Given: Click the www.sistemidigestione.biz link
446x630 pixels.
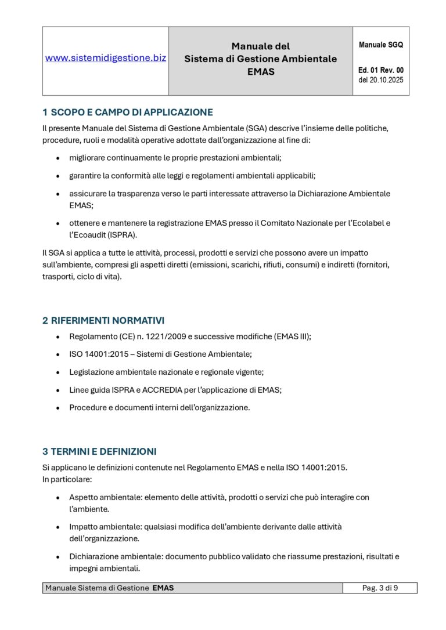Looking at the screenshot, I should (106, 58).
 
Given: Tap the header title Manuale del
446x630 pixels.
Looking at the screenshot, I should (260, 46).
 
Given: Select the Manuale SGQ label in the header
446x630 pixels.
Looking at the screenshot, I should (381, 45).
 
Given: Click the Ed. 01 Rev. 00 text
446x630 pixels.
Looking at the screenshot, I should (381, 70).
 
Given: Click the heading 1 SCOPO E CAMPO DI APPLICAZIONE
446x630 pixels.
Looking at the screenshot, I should (128, 112).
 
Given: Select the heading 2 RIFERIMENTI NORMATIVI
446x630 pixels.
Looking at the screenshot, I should (103, 320).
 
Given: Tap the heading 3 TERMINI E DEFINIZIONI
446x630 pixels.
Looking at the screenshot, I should (99, 451).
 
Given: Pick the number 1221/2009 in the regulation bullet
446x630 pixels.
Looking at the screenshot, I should (174, 336).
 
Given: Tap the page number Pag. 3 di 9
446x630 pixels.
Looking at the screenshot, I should (380, 588).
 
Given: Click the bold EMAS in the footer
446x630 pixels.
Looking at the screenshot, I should (163, 588).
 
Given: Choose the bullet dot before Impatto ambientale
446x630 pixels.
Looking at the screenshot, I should (57, 527).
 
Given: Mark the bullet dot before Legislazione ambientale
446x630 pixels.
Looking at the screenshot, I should (57, 372).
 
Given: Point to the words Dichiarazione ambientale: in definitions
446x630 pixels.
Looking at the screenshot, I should (116, 556).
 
